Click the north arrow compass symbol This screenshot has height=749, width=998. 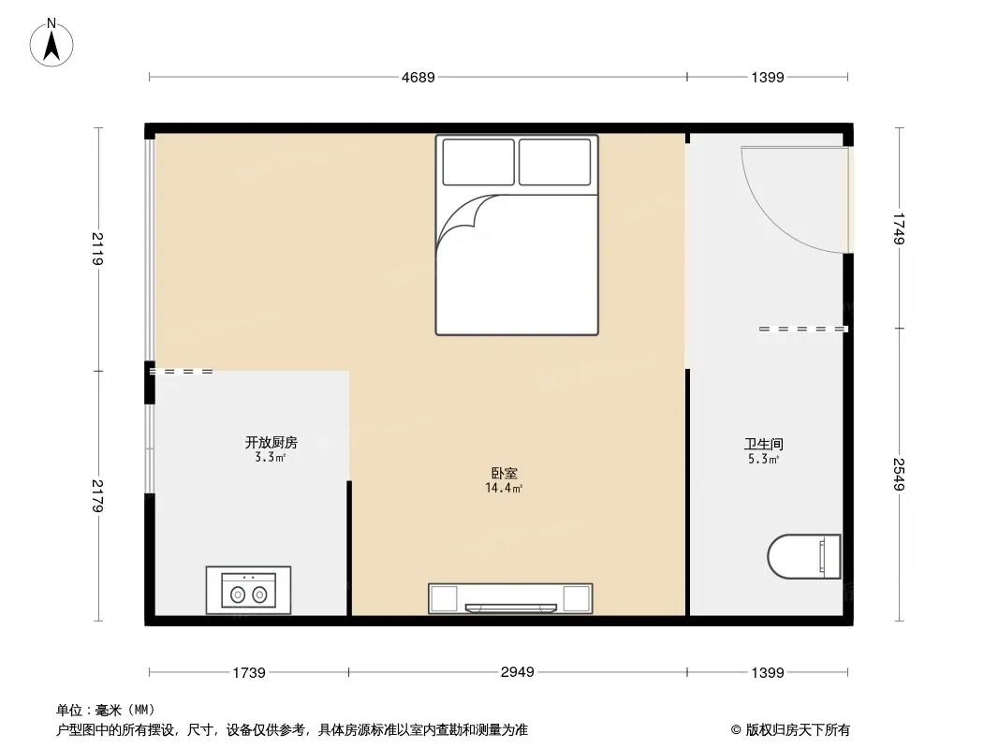(51, 43)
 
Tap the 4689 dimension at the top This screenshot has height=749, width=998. (418, 77)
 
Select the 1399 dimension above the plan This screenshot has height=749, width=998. (768, 77)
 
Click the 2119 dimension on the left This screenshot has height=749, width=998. (97, 249)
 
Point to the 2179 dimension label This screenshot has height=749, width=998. (97, 495)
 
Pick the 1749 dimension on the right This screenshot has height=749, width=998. (899, 228)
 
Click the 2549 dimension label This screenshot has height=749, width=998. (899, 474)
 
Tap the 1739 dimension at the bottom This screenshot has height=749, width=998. (249, 672)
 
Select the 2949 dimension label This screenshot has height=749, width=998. (518, 671)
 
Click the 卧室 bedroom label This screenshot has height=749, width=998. (504, 473)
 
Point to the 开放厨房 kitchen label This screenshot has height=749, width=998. (272, 442)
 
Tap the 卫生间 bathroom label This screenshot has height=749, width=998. (764, 444)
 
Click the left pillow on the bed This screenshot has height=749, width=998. (478, 162)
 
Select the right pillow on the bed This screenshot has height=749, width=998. (555, 162)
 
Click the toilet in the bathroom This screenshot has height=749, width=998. (804, 556)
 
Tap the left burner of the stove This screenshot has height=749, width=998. (238, 595)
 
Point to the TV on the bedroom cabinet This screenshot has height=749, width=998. (510, 608)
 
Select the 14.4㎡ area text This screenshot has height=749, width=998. (504, 488)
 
